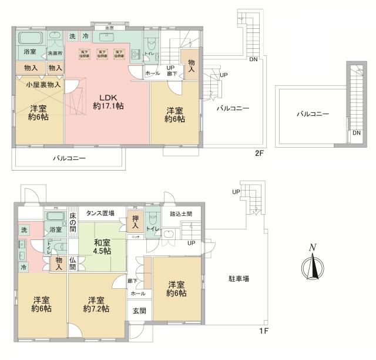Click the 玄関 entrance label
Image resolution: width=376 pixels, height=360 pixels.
click(139, 311)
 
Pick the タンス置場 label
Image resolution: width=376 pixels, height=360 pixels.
click(100, 213)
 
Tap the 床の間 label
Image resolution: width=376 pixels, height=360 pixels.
click(73, 222)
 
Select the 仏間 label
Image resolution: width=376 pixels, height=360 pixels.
click(72, 262)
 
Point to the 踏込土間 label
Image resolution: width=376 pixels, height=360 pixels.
click(182, 213)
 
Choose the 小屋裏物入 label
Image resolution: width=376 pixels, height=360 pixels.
click(38, 85)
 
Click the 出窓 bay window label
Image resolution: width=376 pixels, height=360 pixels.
click(109, 28)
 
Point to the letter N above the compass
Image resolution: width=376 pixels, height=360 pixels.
click(313, 248)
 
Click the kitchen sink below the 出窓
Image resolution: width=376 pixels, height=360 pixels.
click(108, 38)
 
